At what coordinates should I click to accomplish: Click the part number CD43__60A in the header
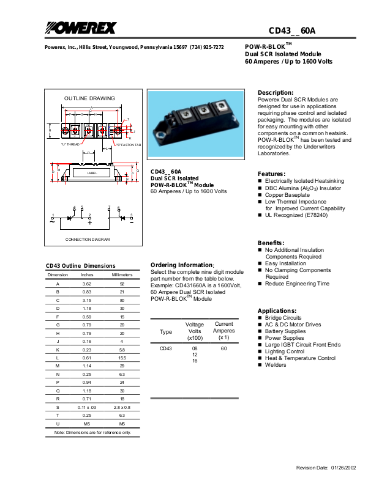292,31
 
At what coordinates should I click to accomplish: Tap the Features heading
271,174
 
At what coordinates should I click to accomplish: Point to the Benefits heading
271,243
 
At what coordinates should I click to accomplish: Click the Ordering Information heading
182,265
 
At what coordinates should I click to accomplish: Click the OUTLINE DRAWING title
89,98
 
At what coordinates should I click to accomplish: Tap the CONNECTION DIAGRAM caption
88,239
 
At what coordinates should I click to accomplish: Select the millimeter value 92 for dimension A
122,284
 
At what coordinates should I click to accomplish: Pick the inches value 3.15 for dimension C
87,300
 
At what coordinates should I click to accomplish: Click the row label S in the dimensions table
58,406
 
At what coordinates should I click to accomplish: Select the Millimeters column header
122,275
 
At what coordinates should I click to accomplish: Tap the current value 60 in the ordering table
223,348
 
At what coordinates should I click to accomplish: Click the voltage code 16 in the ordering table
195,361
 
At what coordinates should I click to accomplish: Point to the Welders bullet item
275,365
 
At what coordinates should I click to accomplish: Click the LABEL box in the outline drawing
92,173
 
